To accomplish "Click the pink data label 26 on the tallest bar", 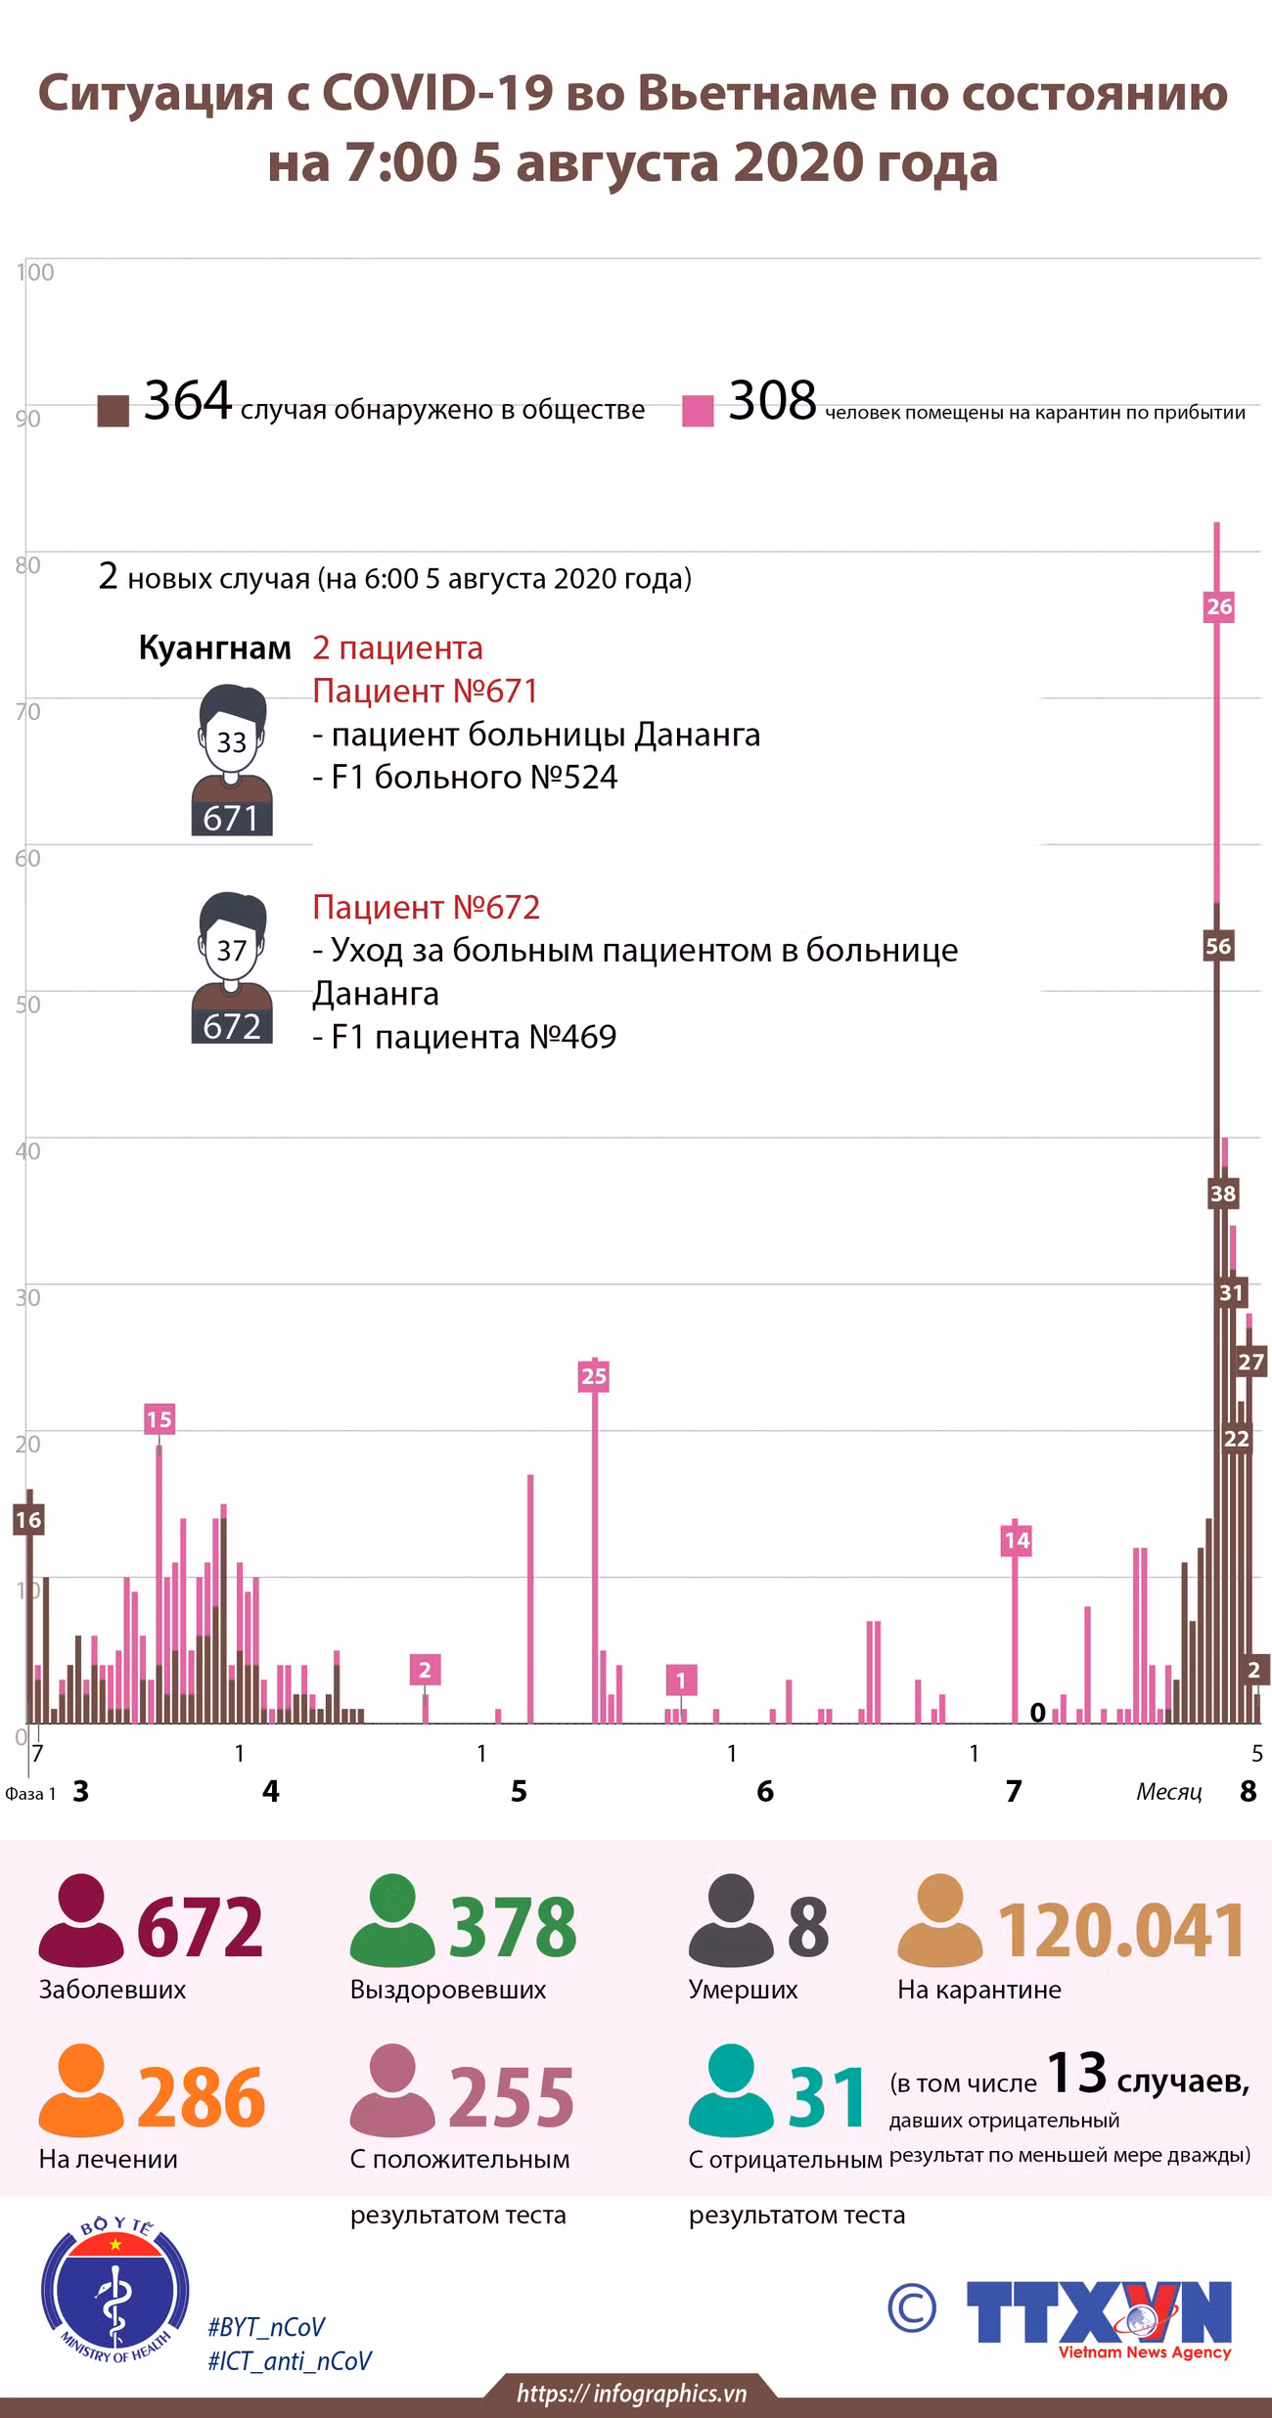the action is coord(1218,606).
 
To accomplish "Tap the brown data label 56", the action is coord(1218,946).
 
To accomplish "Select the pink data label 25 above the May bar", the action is coord(594,1376).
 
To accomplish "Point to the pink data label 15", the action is coord(159,1419).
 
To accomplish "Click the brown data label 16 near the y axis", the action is coord(28,1519).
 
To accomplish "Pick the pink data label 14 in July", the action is coord(1017,1541).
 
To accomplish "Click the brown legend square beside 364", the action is coord(114,411).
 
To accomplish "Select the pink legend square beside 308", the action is coord(698,411).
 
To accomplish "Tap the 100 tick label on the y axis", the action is coord(35,272).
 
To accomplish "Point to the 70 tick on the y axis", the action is coord(28,711).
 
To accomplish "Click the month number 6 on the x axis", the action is coord(765,1791).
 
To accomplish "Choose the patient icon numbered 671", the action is coord(232,760).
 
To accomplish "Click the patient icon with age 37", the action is coord(232,967).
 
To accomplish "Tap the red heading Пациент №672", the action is coord(426,907).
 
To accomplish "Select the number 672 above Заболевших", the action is coord(201,1926).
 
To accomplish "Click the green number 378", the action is coord(514,1926).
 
